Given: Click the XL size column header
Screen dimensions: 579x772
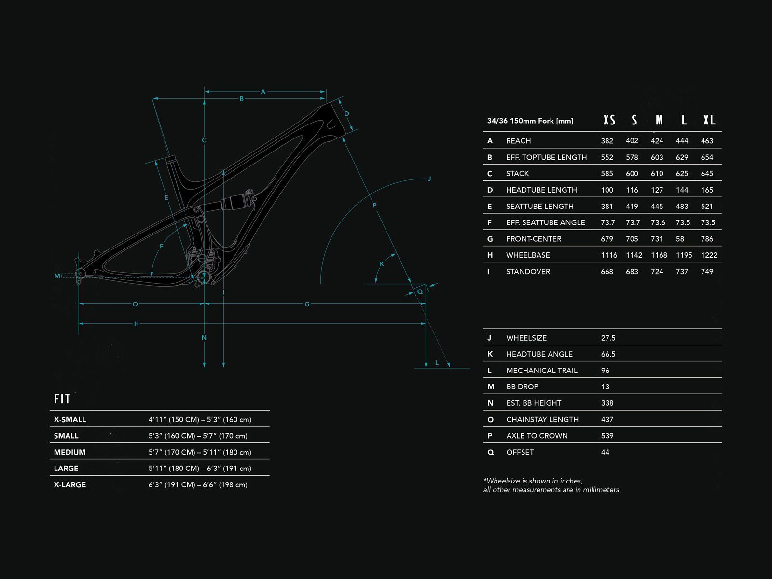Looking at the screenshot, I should [x=709, y=120].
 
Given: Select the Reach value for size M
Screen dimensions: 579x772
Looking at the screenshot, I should [x=657, y=141].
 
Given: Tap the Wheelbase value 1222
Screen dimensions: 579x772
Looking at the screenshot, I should [x=709, y=255].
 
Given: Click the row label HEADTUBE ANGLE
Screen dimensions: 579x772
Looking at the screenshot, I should [x=539, y=354].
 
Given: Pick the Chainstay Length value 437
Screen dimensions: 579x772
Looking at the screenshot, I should [x=607, y=419].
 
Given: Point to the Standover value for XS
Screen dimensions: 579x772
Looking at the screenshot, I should [x=607, y=272].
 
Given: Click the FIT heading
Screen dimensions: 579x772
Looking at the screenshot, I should [x=62, y=399].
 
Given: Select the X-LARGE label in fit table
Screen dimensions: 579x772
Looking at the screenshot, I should [x=70, y=484].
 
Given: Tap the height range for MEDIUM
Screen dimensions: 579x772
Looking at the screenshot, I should [x=200, y=452].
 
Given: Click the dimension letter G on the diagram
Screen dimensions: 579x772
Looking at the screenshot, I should [x=307, y=304].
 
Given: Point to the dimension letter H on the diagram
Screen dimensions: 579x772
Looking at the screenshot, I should [x=137, y=324].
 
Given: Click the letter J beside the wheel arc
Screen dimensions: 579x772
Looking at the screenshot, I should [x=429, y=179].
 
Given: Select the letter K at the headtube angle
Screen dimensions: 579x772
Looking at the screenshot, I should [x=382, y=264].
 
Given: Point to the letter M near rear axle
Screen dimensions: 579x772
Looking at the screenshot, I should [x=57, y=276].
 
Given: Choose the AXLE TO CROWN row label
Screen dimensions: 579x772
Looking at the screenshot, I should [x=537, y=436].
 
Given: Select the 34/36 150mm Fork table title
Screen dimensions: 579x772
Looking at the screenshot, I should [x=530, y=121].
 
